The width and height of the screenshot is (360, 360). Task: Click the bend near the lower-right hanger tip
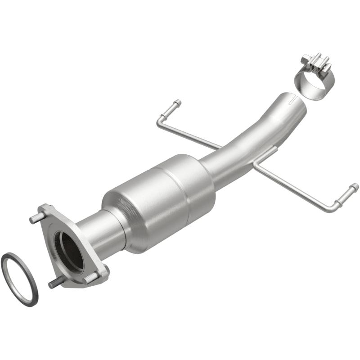coord(337,207)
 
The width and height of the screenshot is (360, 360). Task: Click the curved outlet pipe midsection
coord(252,139)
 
